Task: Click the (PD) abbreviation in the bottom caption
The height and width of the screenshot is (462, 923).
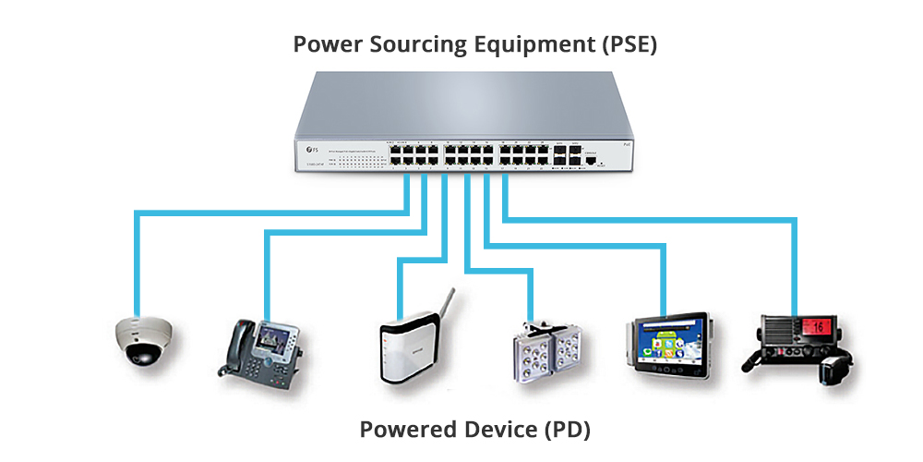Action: pyautogui.click(x=566, y=430)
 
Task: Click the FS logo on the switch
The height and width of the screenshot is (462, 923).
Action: pyautogui.click(x=310, y=149)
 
